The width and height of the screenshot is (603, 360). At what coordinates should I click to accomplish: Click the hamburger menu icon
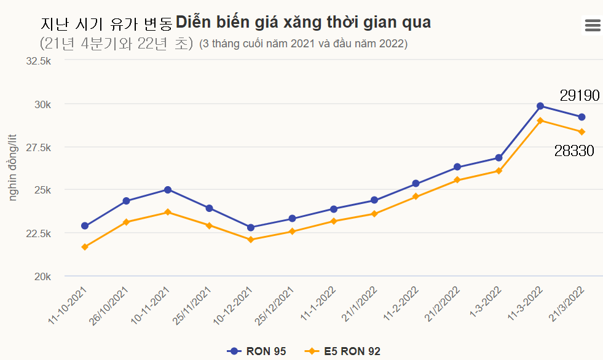click(593, 25)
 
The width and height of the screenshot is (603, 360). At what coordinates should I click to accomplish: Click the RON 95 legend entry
click(256, 351)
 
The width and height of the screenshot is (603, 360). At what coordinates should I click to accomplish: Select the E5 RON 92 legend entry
click(343, 351)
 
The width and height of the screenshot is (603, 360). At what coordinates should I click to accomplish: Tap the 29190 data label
click(579, 95)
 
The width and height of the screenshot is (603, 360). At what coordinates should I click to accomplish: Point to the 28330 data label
click(574, 151)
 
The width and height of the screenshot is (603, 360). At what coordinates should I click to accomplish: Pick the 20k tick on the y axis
click(42, 276)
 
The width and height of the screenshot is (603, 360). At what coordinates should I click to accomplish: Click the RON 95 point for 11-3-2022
click(540, 106)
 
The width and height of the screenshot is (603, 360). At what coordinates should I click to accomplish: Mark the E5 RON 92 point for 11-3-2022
click(540, 120)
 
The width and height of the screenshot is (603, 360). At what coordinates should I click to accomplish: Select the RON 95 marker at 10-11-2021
click(168, 190)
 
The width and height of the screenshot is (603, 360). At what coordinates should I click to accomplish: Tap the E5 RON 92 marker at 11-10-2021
click(85, 247)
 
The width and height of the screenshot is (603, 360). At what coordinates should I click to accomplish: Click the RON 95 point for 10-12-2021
click(251, 227)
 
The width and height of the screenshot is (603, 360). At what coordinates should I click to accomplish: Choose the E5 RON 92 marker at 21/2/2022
click(457, 180)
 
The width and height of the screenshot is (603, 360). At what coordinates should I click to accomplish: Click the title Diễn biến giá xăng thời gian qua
click(303, 23)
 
